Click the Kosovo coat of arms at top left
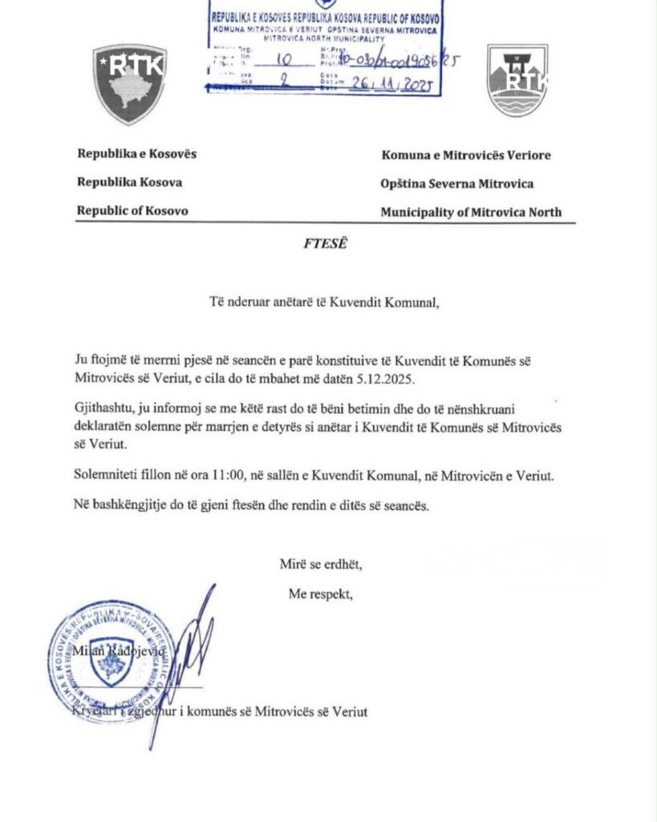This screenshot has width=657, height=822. (x=129, y=83)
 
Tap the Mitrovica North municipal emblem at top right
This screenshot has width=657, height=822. (x=517, y=80)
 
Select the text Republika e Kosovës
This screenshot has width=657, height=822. (x=136, y=154)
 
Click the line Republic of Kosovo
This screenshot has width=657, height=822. (x=132, y=211)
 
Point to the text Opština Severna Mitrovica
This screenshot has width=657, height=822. (x=457, y=184)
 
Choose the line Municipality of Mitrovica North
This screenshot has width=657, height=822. (x=471, y=213)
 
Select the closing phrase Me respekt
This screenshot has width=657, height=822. (x=320, y=595)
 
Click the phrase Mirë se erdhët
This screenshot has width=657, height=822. (x=320, y=564)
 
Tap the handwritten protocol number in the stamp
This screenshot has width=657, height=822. (x=398, y=60)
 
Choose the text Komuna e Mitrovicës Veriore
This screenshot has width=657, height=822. (x=465, y=155)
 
